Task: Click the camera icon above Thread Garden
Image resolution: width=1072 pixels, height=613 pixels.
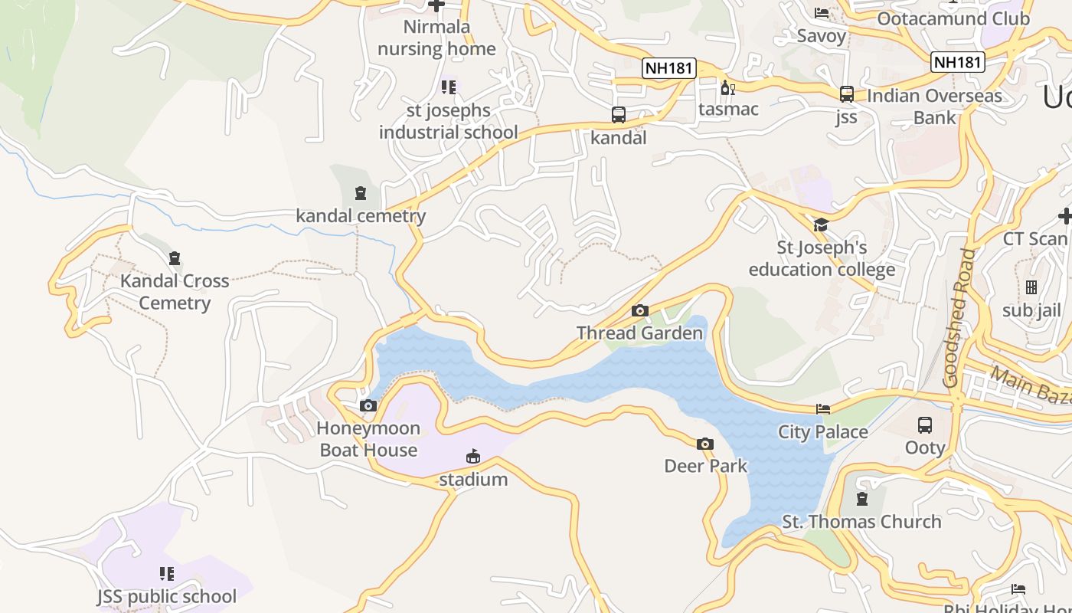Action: click(640, 310)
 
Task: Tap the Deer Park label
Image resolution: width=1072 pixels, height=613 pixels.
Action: click(705, 466)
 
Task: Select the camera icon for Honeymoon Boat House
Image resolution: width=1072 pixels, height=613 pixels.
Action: click(368, 405)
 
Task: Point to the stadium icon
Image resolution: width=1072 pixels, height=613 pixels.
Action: click(473, 457)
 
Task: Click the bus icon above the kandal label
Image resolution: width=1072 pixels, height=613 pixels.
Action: click(619, 115)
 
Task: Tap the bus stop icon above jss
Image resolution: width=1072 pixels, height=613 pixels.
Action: click(846, 94)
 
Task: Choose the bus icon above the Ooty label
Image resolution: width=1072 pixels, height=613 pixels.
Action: click(925, 425)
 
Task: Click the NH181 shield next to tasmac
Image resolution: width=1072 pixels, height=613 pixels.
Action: click(668, 68)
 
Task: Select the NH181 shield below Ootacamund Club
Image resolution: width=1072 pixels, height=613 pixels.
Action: click(957, 62)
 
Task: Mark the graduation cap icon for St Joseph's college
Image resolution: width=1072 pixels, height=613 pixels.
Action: click(821, 225)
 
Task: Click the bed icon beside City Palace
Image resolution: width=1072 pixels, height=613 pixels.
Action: click(823, 409)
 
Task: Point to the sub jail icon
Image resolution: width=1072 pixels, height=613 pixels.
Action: click(1031, 287)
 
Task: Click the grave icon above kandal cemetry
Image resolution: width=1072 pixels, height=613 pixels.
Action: click(361, 192)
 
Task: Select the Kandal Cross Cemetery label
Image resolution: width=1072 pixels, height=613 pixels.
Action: click(175, 292)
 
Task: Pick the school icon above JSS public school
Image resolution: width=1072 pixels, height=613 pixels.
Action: click(166, 573)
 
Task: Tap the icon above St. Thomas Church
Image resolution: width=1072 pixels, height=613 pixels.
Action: click(862, 499)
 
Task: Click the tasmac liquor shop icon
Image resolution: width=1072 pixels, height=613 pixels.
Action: click(727, 88)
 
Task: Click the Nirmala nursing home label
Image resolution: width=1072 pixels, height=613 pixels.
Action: click(436, 38)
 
